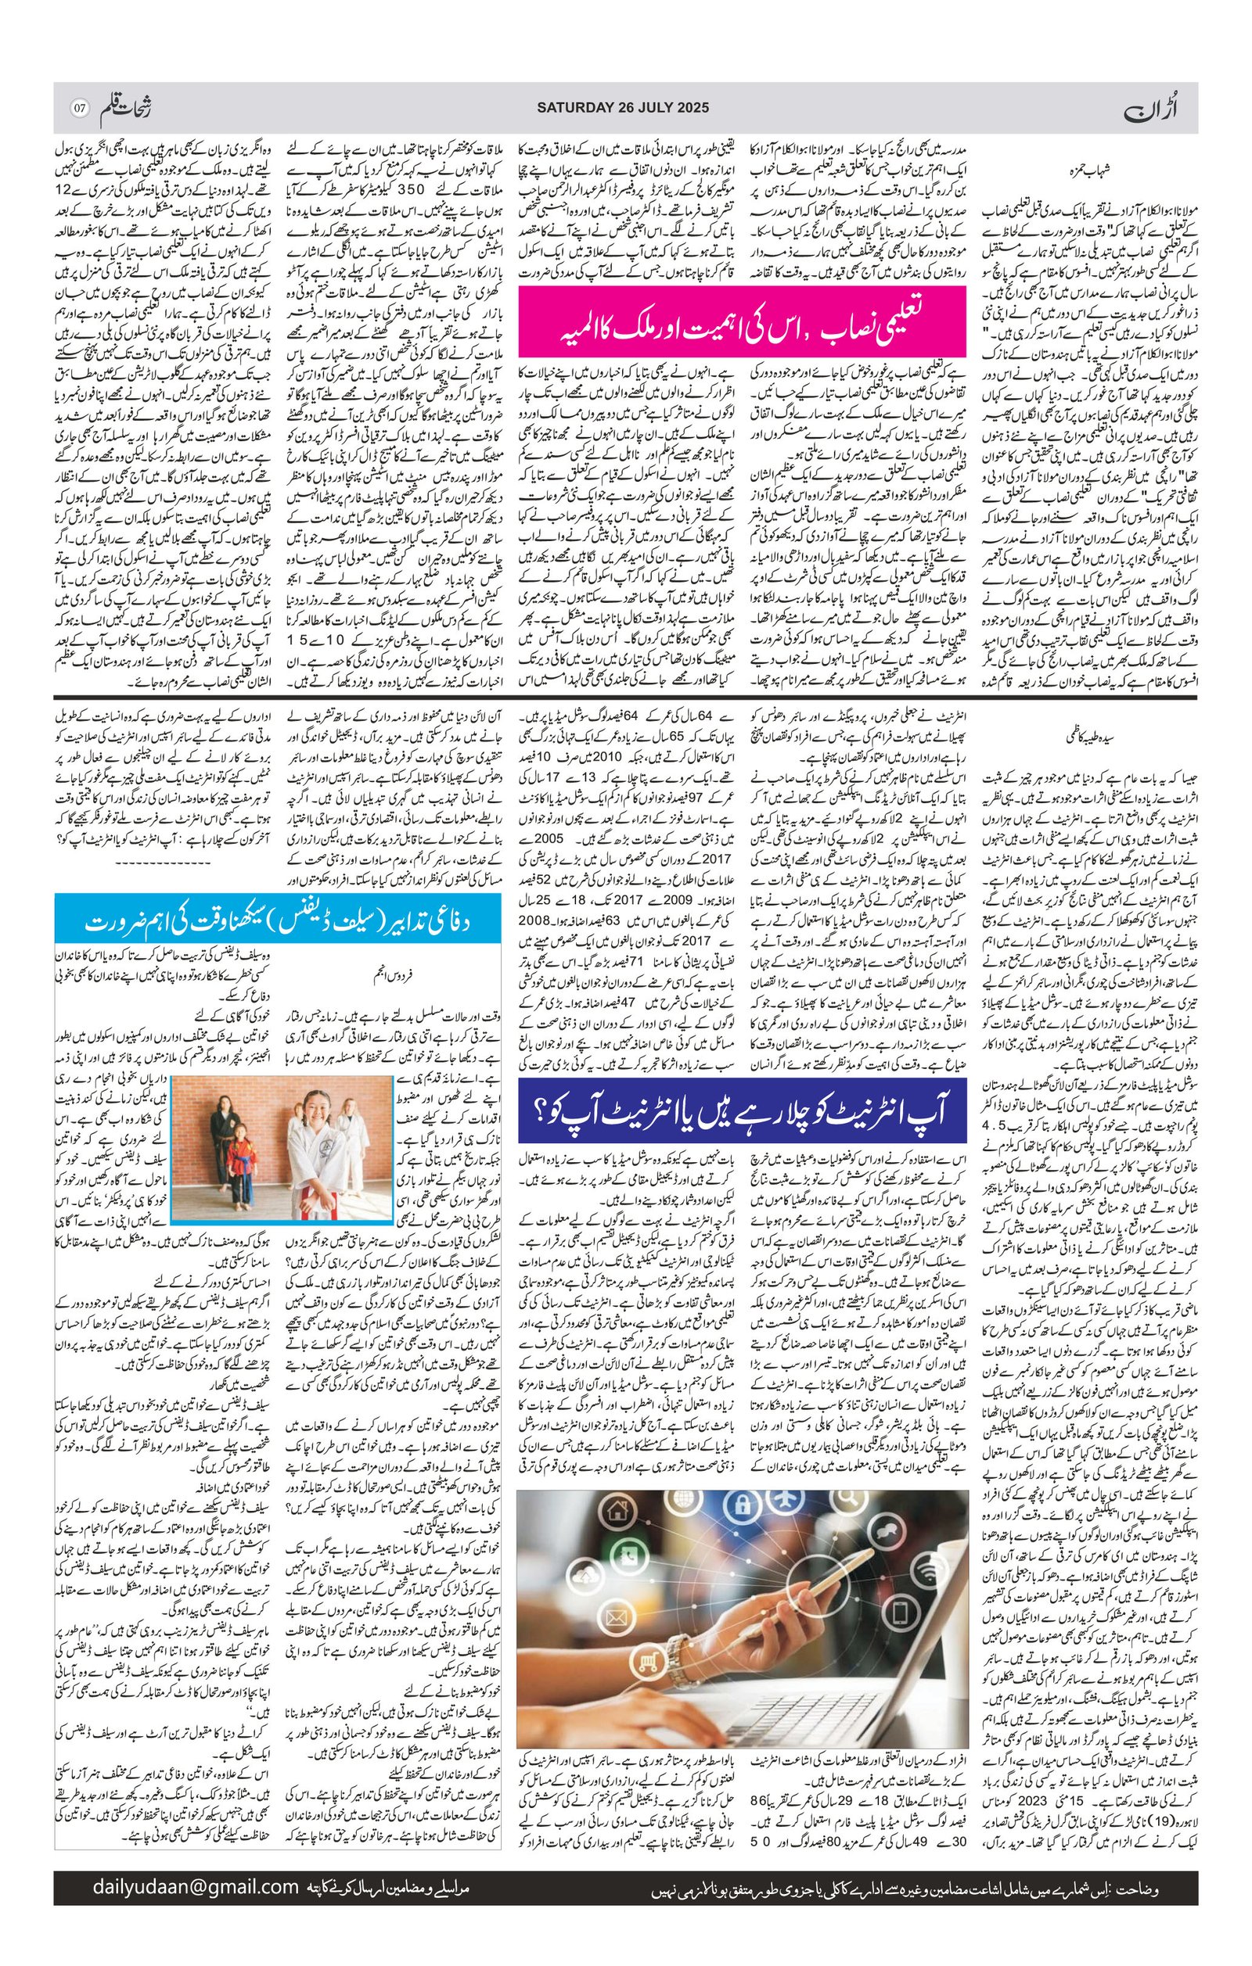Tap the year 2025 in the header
692,107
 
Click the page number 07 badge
79,108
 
